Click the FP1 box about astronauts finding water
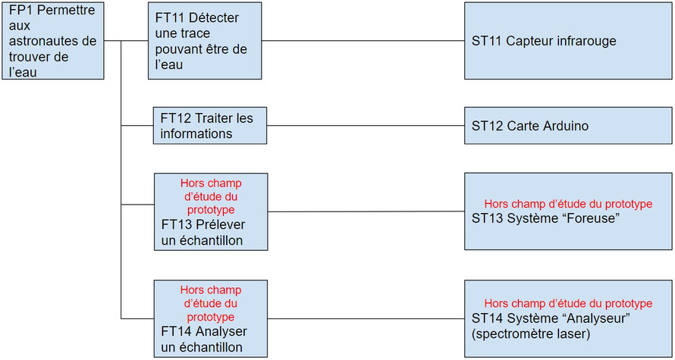pos(52,40)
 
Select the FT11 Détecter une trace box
pos(205,40)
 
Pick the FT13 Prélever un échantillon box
pos(211,211)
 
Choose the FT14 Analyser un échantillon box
pos(211,318)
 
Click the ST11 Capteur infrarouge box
pos(567,40)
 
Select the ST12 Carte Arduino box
pos(567,125)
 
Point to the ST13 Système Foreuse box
pos(567,211)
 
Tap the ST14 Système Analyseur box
pos(567,318)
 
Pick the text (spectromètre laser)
pos(530,332)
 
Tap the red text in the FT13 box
pos(210,196)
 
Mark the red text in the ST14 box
pos(567,303)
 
